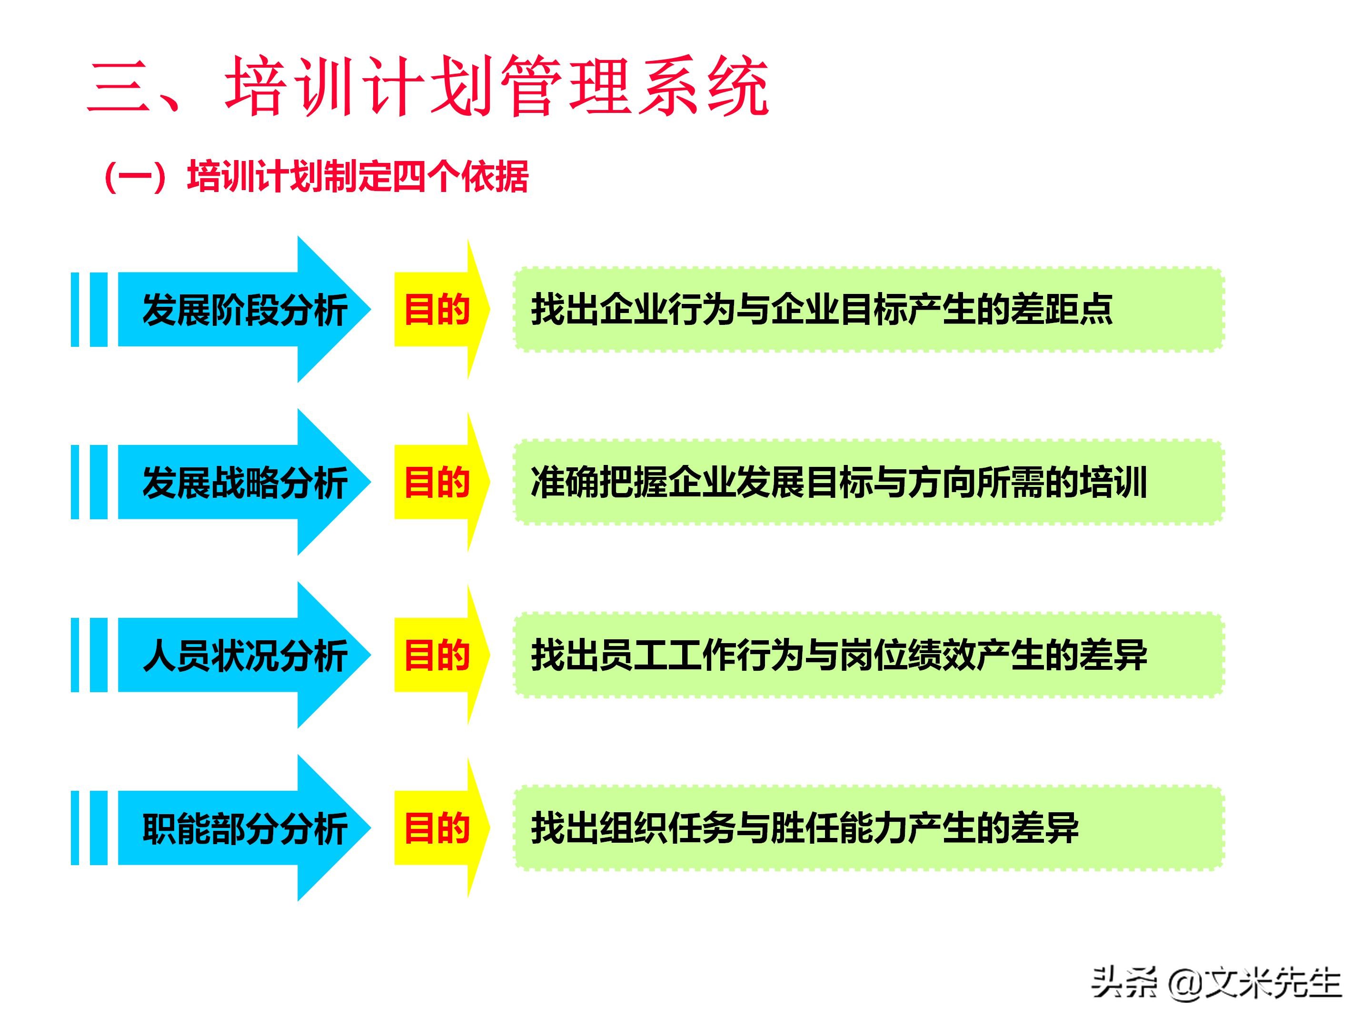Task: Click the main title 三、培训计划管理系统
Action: pos(427,87)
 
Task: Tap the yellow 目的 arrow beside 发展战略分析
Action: pos(437,483)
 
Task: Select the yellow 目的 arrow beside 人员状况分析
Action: pos(437,656)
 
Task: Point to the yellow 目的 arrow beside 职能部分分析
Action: pos(437,828)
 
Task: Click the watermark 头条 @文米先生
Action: pos(1216,984)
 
